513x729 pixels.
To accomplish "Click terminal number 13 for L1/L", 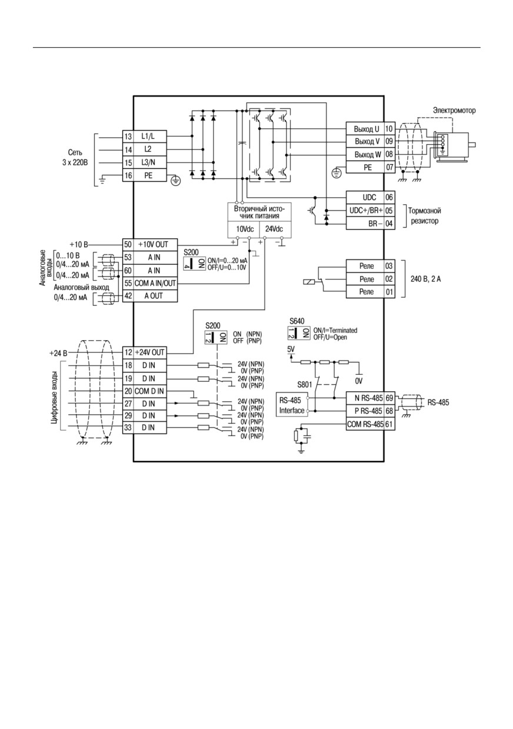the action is point(128,137).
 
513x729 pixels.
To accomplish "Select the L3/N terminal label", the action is point(148,162).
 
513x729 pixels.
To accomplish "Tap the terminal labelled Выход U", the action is point(367,129).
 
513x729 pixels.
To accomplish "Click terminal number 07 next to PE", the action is point(389,167).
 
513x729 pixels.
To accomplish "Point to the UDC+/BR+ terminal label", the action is point(366,210).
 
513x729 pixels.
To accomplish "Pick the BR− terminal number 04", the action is point(389,224).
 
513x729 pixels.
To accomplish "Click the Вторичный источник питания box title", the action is point(259,212).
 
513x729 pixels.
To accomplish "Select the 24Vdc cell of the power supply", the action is point(274,229).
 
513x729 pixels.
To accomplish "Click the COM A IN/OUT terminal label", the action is point(155,283).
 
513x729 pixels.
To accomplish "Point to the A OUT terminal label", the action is point(154,296).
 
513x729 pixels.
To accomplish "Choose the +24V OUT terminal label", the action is point(149,352).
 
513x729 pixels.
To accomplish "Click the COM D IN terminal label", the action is point(149,391).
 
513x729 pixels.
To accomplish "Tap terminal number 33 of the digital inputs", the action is point(128,427).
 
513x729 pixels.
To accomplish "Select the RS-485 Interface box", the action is point(292,405).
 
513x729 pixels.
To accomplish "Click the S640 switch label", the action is point(297,321).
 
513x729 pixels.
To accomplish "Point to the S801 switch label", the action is point(305,385).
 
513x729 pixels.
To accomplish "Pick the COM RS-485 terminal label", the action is point(365,424).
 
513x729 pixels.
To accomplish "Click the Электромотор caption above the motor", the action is point(454,111).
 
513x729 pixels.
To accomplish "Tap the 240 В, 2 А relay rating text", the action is point(425,279).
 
